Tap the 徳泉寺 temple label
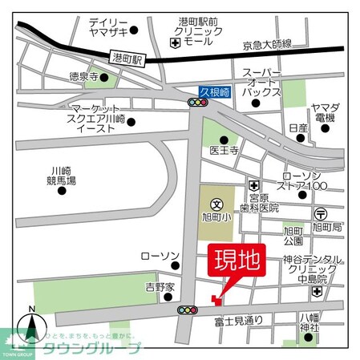click(x=83, y=78)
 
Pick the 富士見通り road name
click(x=240, y=320)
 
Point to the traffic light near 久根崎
click(x=197, y=103)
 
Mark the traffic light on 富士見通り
click(x=188, y=309)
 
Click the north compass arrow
click(x=31, y=326)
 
